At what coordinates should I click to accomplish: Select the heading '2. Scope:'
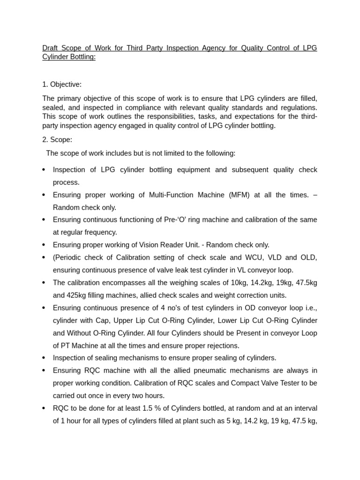click(x=57, y=140)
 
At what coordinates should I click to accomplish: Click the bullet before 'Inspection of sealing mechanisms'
click(x=44, y=358)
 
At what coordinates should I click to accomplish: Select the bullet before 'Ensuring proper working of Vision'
click(x=44, y=245)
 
